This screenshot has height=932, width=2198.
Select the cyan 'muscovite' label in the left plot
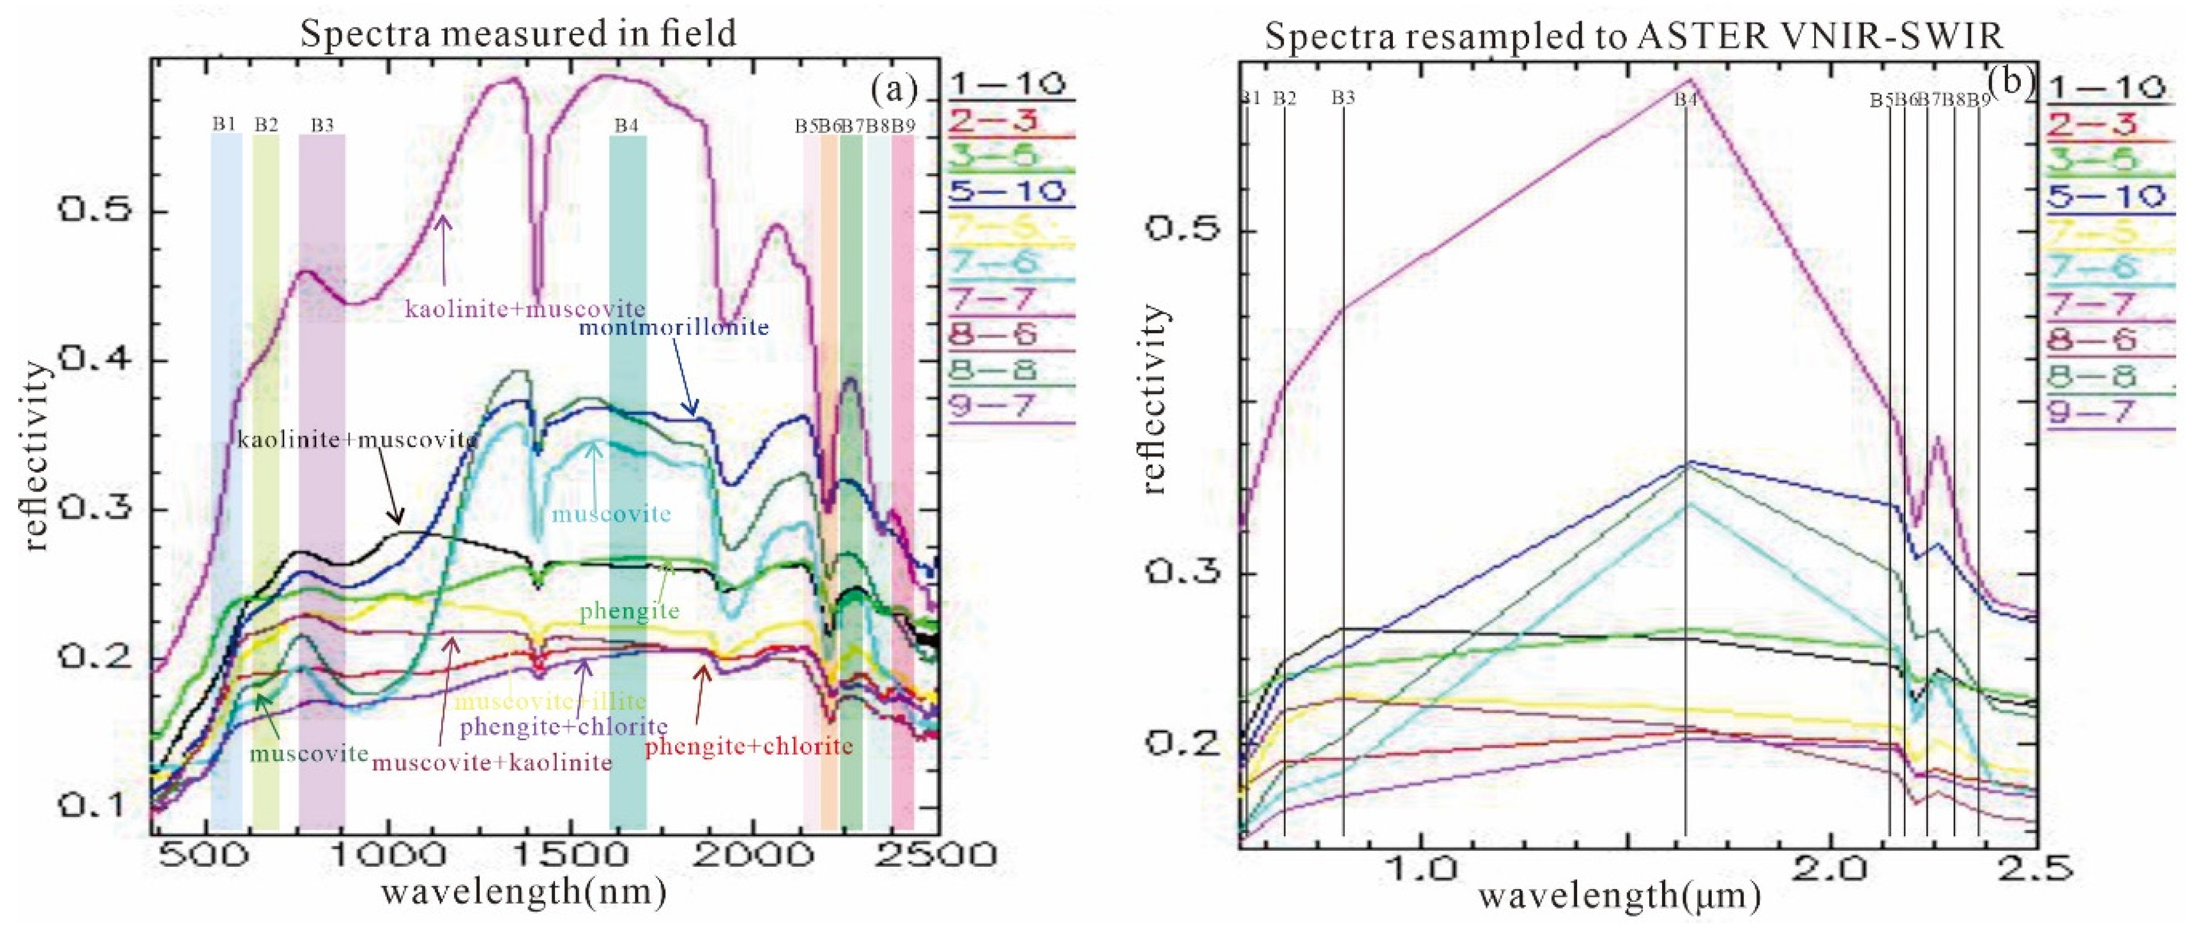611,514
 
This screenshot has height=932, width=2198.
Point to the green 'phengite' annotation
630,611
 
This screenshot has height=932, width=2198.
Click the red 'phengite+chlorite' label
748,747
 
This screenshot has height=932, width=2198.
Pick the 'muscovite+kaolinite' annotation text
492,762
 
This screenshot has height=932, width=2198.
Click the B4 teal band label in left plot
627,125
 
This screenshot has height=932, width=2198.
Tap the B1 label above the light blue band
224,124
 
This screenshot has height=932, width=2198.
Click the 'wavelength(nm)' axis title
523,893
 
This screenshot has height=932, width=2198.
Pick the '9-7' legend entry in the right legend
2090,412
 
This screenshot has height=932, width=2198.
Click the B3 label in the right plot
1343,98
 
